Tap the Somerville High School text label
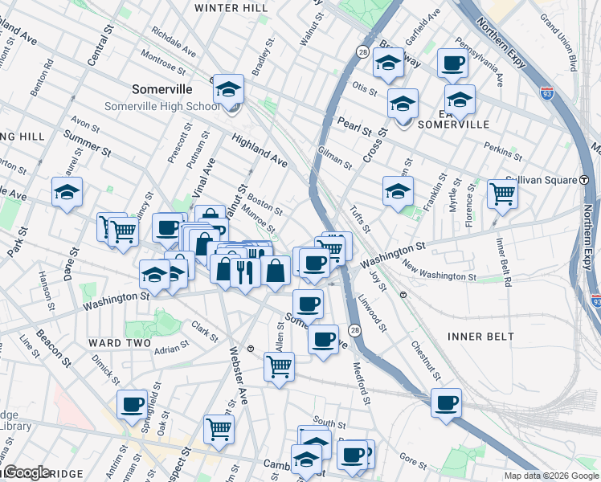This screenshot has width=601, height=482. tap(161, 107)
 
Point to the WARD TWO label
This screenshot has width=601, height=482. tap(120, 343)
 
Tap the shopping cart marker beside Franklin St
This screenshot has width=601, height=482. tap(502, 194)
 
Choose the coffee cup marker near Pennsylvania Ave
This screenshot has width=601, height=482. tap(453, 63)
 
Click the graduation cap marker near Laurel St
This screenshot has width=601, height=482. tap(67, 192)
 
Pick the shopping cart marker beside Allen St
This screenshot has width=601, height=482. tap(279, 366)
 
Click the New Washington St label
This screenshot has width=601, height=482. tap(440, 272)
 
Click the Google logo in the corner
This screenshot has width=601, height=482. tap(27, 472)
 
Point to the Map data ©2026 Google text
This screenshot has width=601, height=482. tap(551, 476)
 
